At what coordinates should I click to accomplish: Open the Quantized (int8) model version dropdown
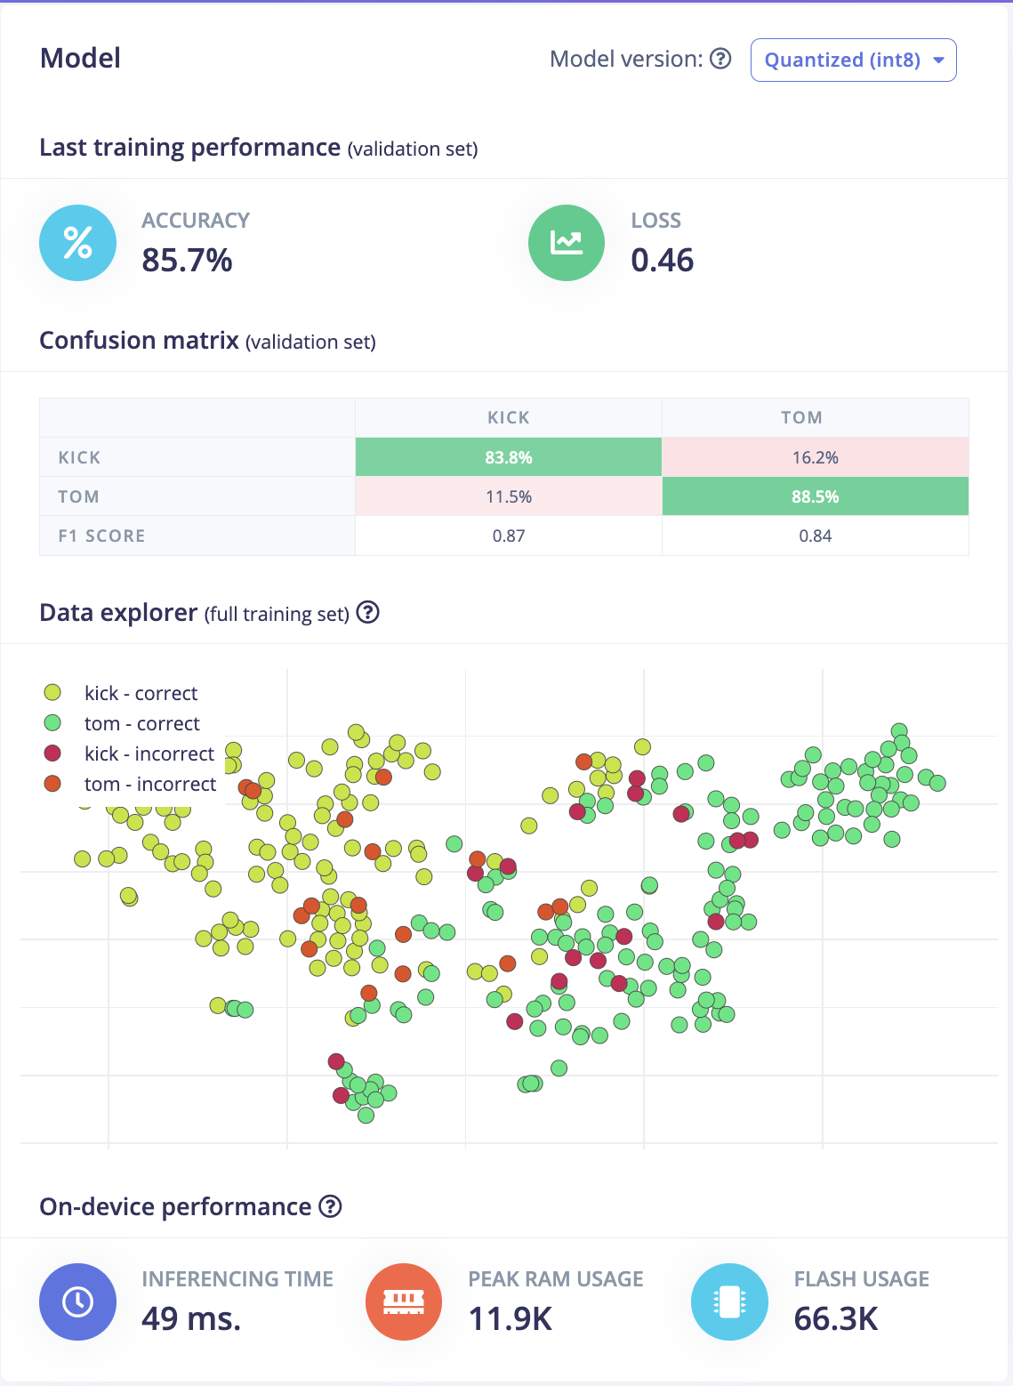pyautogui.click(x=853, y=60)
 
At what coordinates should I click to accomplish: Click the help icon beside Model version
pyautogui.click(x=721, y=59)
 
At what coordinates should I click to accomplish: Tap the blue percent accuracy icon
pyautogui.click(x=77, y=243)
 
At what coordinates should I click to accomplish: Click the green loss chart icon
pyautogui.click(x=567, y=243)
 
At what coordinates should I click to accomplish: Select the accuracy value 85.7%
pyautogui.click(x=187, y=260)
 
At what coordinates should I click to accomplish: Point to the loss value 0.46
pyautogui.click(x=662, y=260)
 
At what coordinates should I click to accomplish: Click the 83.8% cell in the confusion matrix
pyautogui.click(x=509, y=457)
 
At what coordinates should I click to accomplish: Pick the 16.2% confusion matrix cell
pyautogui.click(x=815, y=457)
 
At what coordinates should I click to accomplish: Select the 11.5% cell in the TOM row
pyautogui.click(x=509, y=496)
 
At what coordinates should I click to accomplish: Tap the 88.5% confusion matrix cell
pyautogui.click(x=815, y=496)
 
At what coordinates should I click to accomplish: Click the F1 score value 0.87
pyautogui.click(x=509, y=536)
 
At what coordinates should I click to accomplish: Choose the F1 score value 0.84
pyautogui.click(x=815, y=536)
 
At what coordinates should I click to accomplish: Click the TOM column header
pyautogui.click(x=801, y=417)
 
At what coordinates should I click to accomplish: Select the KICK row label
pyautogui.click(x=79, y=457)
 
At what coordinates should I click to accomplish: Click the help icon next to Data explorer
pyautogui.click(x=367, y=612)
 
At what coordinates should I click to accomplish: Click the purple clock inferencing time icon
pyautogui.click(x=77, y=1301)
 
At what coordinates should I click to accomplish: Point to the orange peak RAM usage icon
pyautogui.click(x=404, y=1301)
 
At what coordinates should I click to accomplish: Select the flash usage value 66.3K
pyautogui.click(x=836, y=1318)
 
